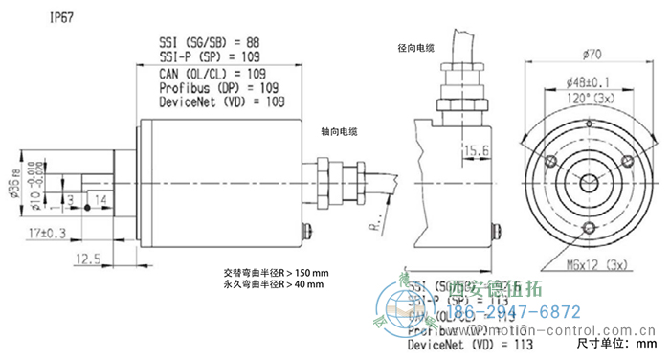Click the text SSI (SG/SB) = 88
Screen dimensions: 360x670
tap(210, 42)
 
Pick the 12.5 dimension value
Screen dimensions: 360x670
tap(87, 258)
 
